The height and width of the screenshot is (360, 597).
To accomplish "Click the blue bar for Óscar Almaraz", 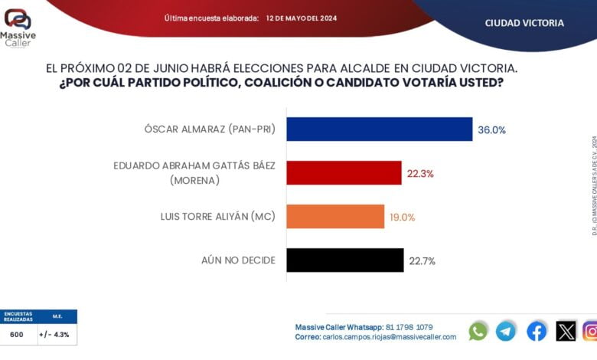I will (380, 129).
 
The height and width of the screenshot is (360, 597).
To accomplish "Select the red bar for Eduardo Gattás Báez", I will (344, 173).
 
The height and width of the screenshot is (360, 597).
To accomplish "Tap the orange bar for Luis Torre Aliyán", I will (335, 217).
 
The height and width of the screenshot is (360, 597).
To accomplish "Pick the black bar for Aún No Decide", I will (345, 260).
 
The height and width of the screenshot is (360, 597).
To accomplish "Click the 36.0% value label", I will (491, 130).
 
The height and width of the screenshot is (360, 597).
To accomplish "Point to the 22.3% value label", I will (420, 174).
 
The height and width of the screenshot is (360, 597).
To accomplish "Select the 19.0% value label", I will (403, 217).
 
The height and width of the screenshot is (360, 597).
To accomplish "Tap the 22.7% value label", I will (422, 261).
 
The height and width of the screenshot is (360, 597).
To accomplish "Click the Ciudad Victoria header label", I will (524, 23).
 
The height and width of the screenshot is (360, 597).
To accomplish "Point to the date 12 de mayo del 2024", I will (301, 18).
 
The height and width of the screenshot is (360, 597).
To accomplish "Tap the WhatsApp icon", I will (478, 331).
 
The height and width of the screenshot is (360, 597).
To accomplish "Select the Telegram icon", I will (506, 331).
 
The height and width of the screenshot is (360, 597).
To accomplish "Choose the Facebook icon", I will (537, 331).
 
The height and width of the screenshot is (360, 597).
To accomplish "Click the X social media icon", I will (566, 331).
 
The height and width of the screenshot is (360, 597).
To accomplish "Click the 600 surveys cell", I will (17, 334).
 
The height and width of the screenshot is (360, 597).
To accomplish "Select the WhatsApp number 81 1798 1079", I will (409, 327).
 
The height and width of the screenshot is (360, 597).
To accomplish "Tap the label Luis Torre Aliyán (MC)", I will (219, 217).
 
